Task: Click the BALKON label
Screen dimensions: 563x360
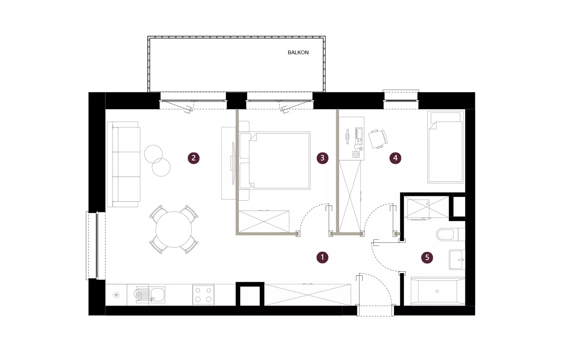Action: pos(298,53)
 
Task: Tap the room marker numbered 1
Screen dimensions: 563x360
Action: pos(323,257)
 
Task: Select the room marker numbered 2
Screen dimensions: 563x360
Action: pos(193,158)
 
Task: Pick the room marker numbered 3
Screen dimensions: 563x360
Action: pos(323,158)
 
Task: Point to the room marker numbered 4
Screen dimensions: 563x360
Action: pos(395,158)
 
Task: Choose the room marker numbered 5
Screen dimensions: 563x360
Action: pos(427,257)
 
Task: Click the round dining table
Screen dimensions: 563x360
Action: pos(173,229)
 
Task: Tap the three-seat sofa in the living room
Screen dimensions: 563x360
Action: pos(124,165)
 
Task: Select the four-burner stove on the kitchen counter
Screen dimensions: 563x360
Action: pos(203,295)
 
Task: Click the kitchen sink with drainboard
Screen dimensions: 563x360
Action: pos(150,295)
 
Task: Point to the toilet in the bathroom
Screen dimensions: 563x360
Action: pos(451,235)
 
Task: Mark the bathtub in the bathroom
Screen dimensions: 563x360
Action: pos(438,291)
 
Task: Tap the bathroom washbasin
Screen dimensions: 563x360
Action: pos(457,260)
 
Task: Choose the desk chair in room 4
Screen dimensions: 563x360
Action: pos(378,139)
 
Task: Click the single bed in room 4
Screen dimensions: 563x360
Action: pos(446,147)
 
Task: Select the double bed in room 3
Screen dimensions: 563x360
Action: pos(275,160)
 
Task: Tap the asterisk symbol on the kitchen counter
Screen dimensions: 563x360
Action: pos(116,295)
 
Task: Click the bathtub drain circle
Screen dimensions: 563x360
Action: pos(437,291)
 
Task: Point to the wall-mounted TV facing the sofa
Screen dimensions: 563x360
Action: pos(233,164)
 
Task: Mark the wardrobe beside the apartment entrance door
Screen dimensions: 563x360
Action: pos(307,295)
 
